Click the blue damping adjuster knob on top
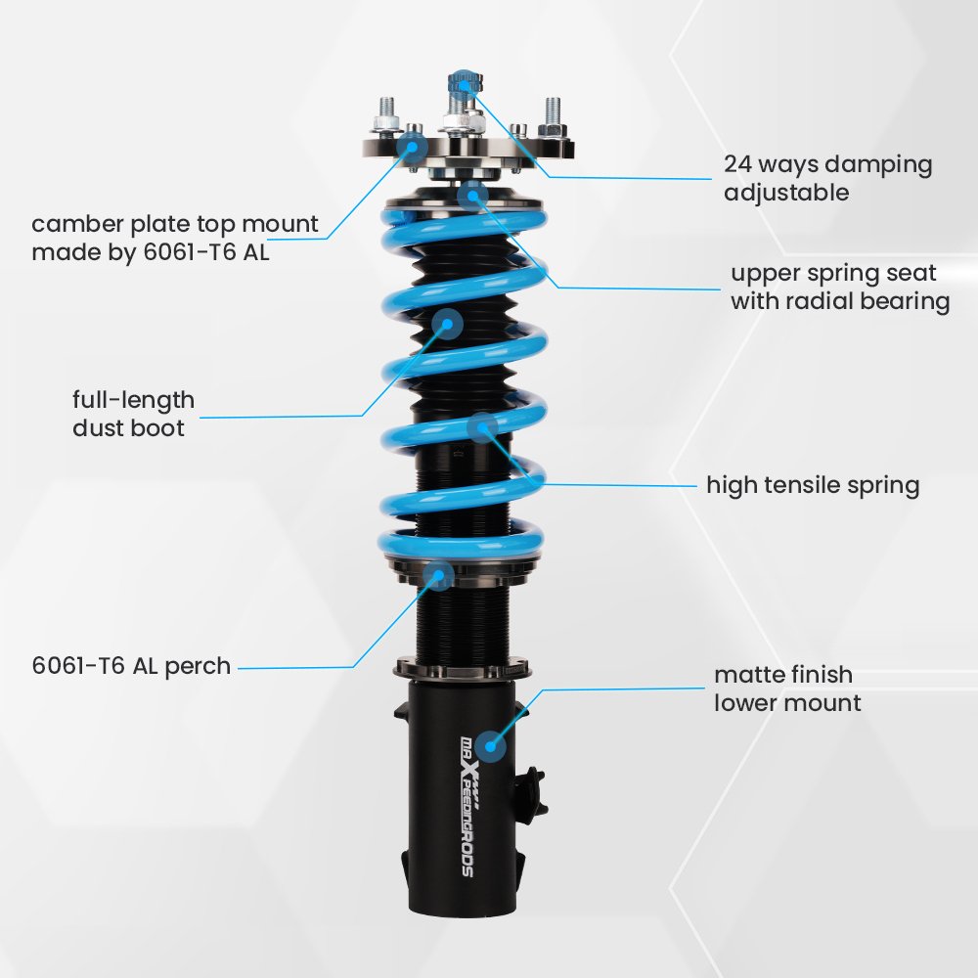(463, 84)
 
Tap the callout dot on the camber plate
(412, 148)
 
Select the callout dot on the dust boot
(447, 324)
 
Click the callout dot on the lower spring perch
(438, 575)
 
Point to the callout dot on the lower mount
(490, 746)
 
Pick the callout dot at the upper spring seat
(472, 196)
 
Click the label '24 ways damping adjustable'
(827, 178)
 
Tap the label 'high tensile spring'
(813, 485)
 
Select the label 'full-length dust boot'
(133, 414)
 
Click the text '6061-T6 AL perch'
(131, 666)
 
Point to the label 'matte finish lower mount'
(787, 689)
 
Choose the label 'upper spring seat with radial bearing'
(840, 287)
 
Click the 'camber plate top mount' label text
(175, 223)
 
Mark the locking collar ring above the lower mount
(462, 669)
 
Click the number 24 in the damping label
(737, 164)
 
